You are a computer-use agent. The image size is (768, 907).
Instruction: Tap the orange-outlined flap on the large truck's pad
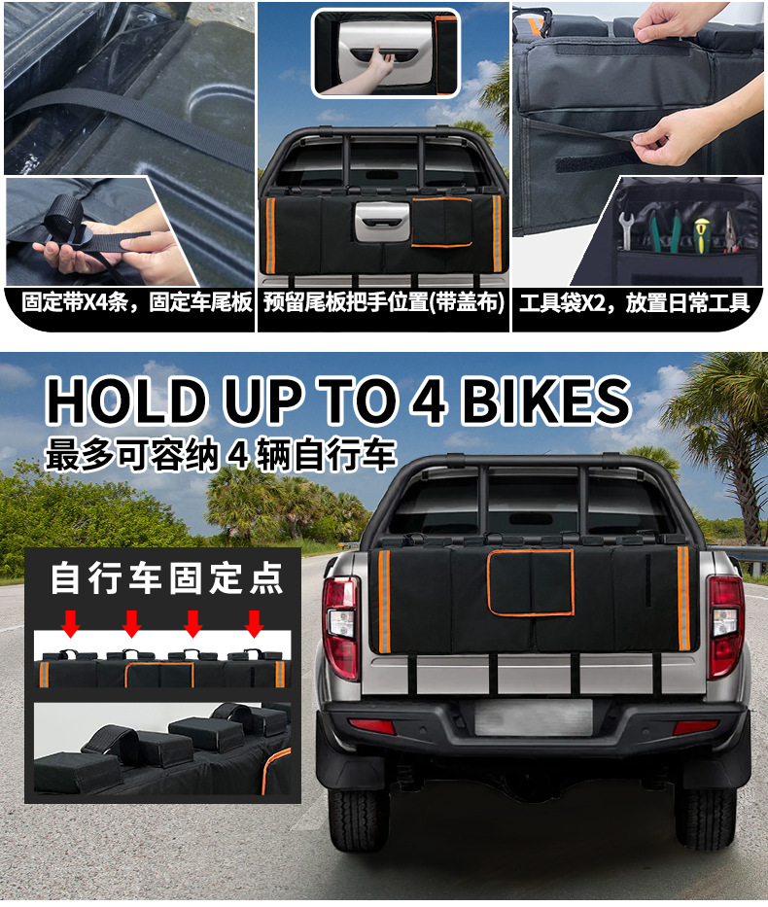(x=531, y=582)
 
